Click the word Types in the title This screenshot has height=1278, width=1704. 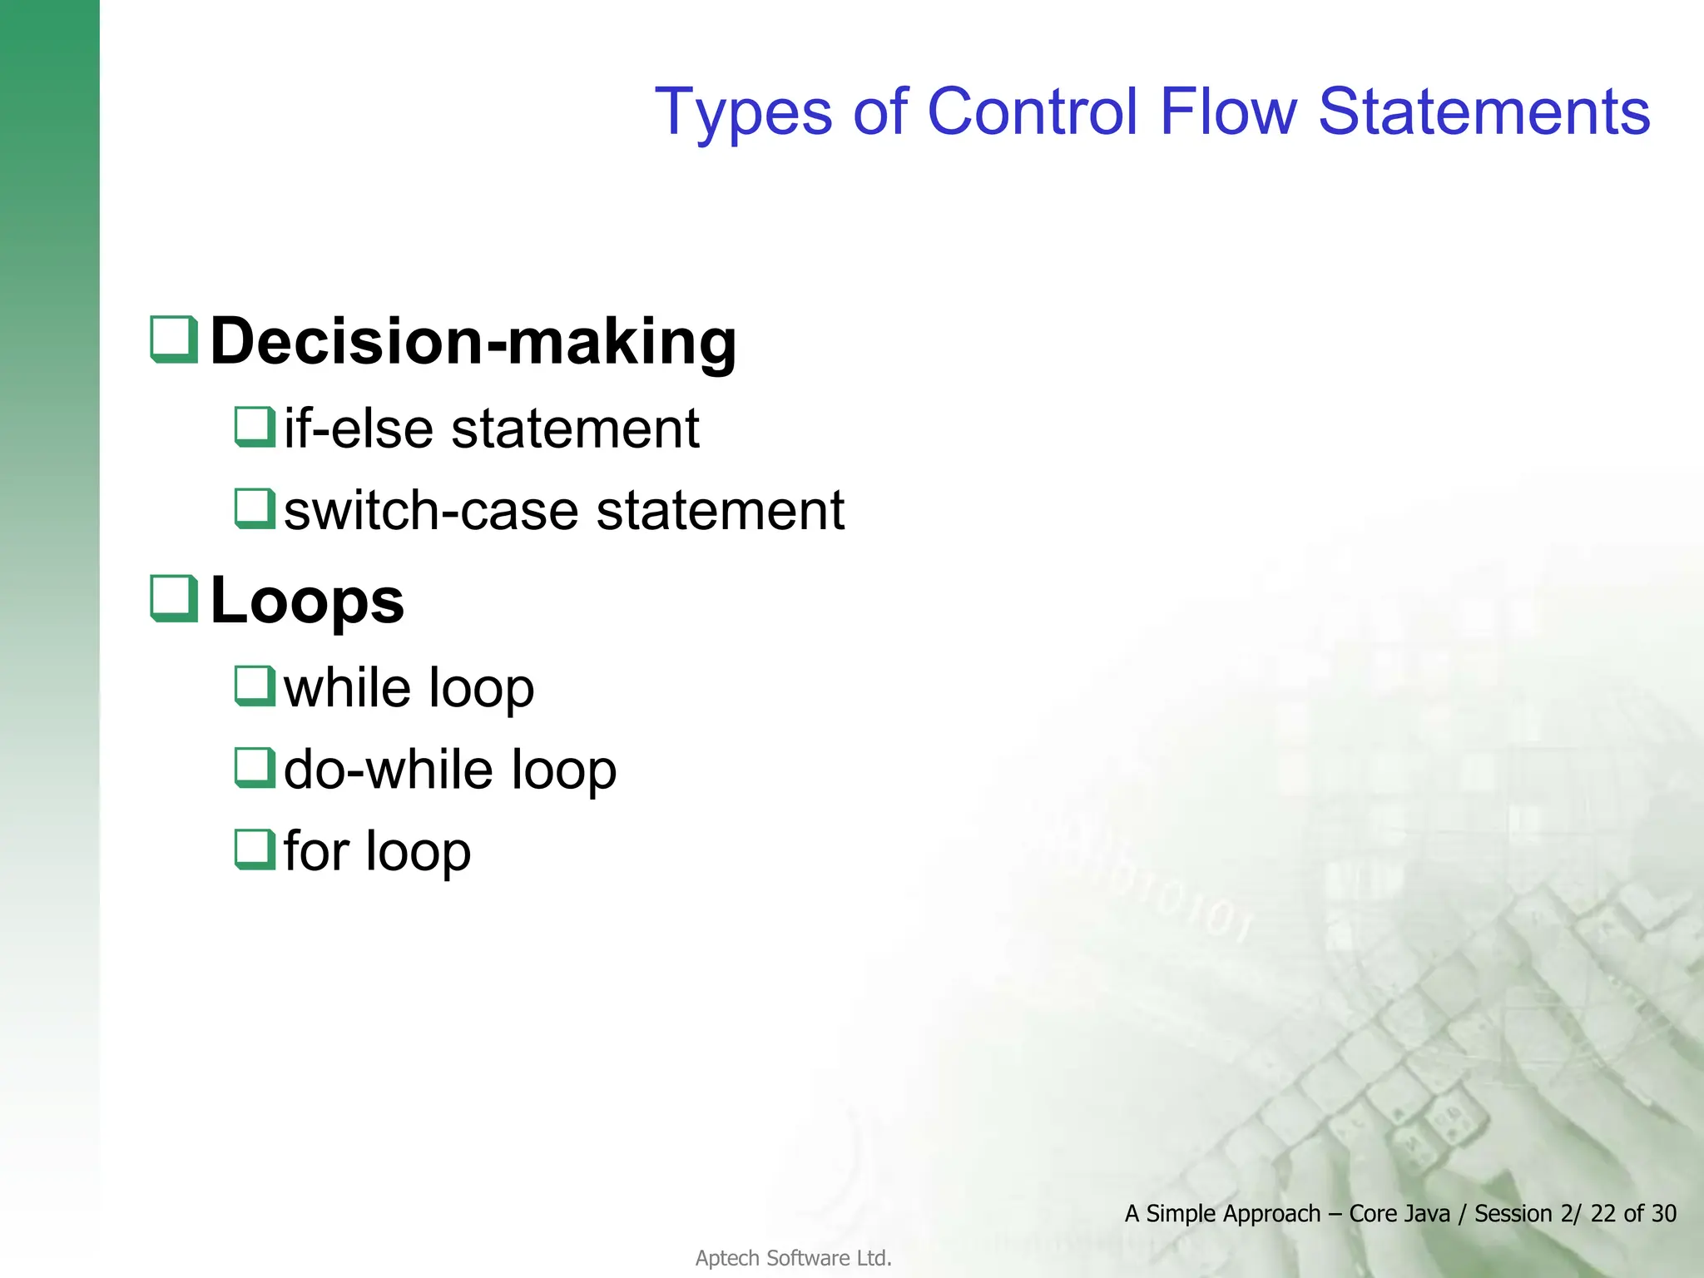743,112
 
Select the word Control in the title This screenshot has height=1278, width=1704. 1032,112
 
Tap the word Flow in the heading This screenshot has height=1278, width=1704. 1227,112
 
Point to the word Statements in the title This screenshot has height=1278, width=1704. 1484,112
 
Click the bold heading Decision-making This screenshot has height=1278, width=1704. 473,341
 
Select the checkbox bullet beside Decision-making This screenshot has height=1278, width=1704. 174,339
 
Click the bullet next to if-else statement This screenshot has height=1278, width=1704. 254,427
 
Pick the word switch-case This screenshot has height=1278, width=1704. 431,510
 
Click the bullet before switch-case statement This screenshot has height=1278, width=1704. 254,508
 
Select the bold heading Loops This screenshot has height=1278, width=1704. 307,601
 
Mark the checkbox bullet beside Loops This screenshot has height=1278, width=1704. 174,598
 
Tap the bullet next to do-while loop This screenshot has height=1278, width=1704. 254,768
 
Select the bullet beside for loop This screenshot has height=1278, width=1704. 254,850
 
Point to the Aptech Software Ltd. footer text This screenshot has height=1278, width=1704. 793,1258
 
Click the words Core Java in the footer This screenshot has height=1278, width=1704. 1399,1214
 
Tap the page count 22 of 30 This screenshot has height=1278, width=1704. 1632,1214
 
